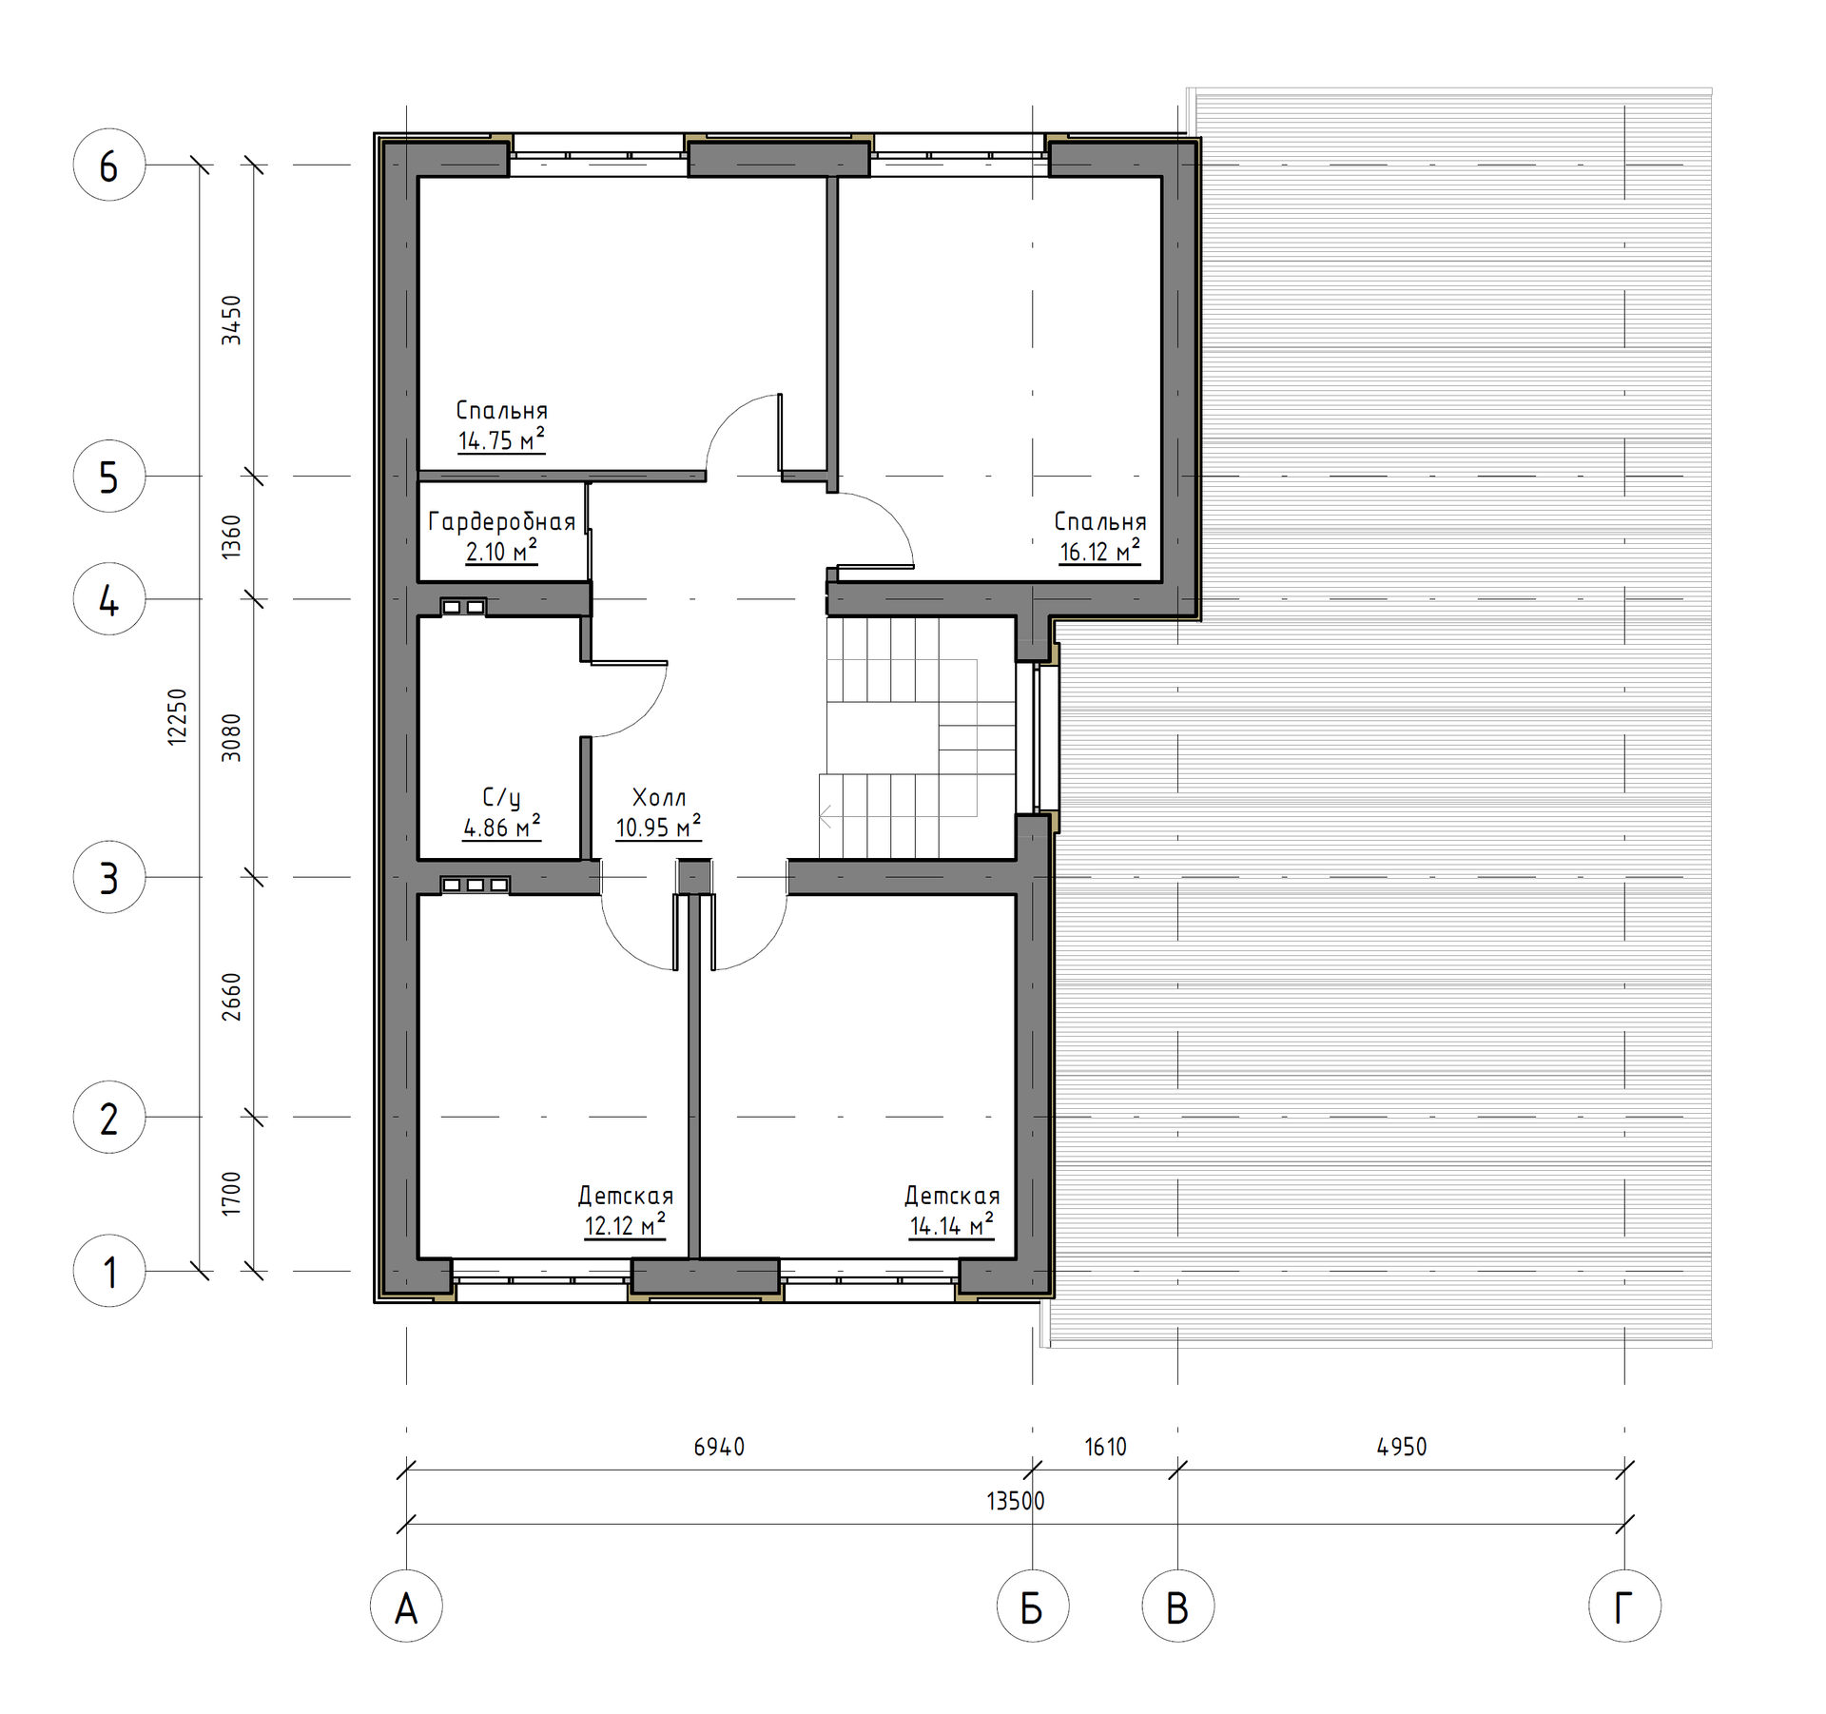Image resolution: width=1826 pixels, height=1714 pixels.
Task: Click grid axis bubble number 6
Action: (109, 165)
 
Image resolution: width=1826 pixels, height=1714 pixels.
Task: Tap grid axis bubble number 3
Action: (109, 877)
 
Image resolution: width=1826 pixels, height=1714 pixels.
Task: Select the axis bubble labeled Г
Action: (1624, 1607)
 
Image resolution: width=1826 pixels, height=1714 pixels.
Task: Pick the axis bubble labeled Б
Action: (1033, 1607)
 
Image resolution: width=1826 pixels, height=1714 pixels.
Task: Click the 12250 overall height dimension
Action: (178, 716)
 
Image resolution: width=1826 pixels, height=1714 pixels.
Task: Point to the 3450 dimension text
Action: (231, 320)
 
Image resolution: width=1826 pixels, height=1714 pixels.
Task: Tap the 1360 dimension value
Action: (231, 536)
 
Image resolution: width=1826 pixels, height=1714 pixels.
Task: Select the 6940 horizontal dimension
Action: (719, 1447)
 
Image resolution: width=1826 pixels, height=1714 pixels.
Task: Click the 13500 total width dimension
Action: (1016, 1501)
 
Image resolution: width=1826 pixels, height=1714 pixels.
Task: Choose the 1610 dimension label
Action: (1105, 1447)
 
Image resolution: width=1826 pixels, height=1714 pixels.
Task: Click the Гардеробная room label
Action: (502, 521)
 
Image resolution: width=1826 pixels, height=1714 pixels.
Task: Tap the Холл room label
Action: (659, 797)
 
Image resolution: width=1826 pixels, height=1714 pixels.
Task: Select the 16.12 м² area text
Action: (1100, 552)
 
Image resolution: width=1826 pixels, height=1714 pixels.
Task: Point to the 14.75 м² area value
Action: (501, 440)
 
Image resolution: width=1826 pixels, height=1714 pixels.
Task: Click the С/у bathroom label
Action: (501, 798)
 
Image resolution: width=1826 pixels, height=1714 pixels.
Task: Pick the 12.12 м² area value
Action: (625, 1225)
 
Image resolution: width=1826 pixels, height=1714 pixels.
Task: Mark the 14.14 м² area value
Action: (951, 1225)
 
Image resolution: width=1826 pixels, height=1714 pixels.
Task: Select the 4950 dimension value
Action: (1402, 1447)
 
